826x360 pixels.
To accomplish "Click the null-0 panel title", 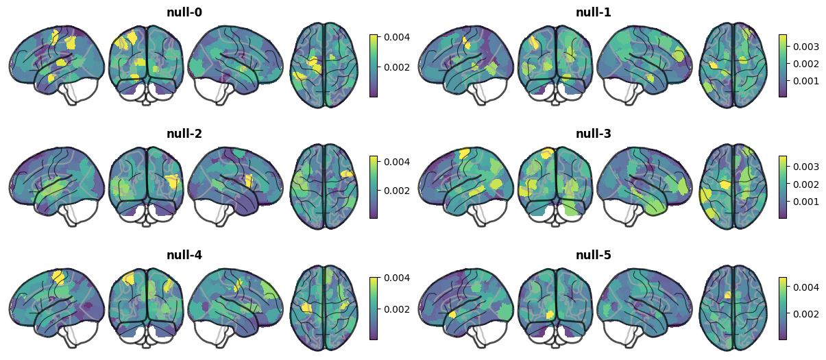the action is [x=184, y=12].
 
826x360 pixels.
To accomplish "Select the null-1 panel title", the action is [x=594, y=12].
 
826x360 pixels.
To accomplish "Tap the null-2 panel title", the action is [x=184, y=134].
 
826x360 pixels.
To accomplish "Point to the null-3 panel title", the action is [x=594, y=134].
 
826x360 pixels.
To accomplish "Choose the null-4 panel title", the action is [x=184, y=255].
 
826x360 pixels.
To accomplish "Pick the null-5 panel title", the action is [x=594, y=255].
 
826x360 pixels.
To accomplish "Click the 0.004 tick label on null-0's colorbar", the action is [x=397, y=37].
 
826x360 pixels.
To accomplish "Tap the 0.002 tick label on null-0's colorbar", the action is [x=397, y=67].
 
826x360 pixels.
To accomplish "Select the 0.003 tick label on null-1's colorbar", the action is [x=806, y=47].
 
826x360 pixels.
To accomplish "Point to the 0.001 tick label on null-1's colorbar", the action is [x=806, y=81].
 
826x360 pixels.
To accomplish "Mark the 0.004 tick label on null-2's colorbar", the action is [x=397, y=162].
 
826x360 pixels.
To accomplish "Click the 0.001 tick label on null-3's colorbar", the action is [x=806, y=202].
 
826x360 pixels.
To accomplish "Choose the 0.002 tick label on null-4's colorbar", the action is [x=397, y=309].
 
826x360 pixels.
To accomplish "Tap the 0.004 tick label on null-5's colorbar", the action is [x=806, y=287].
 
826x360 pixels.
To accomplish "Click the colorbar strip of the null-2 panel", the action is [x=374, y=187].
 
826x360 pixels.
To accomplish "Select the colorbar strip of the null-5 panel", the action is [x=783, y=309].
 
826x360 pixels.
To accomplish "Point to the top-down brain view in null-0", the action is [x=324, y=65].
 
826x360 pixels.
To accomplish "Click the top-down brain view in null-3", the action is [x=733, y=187].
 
